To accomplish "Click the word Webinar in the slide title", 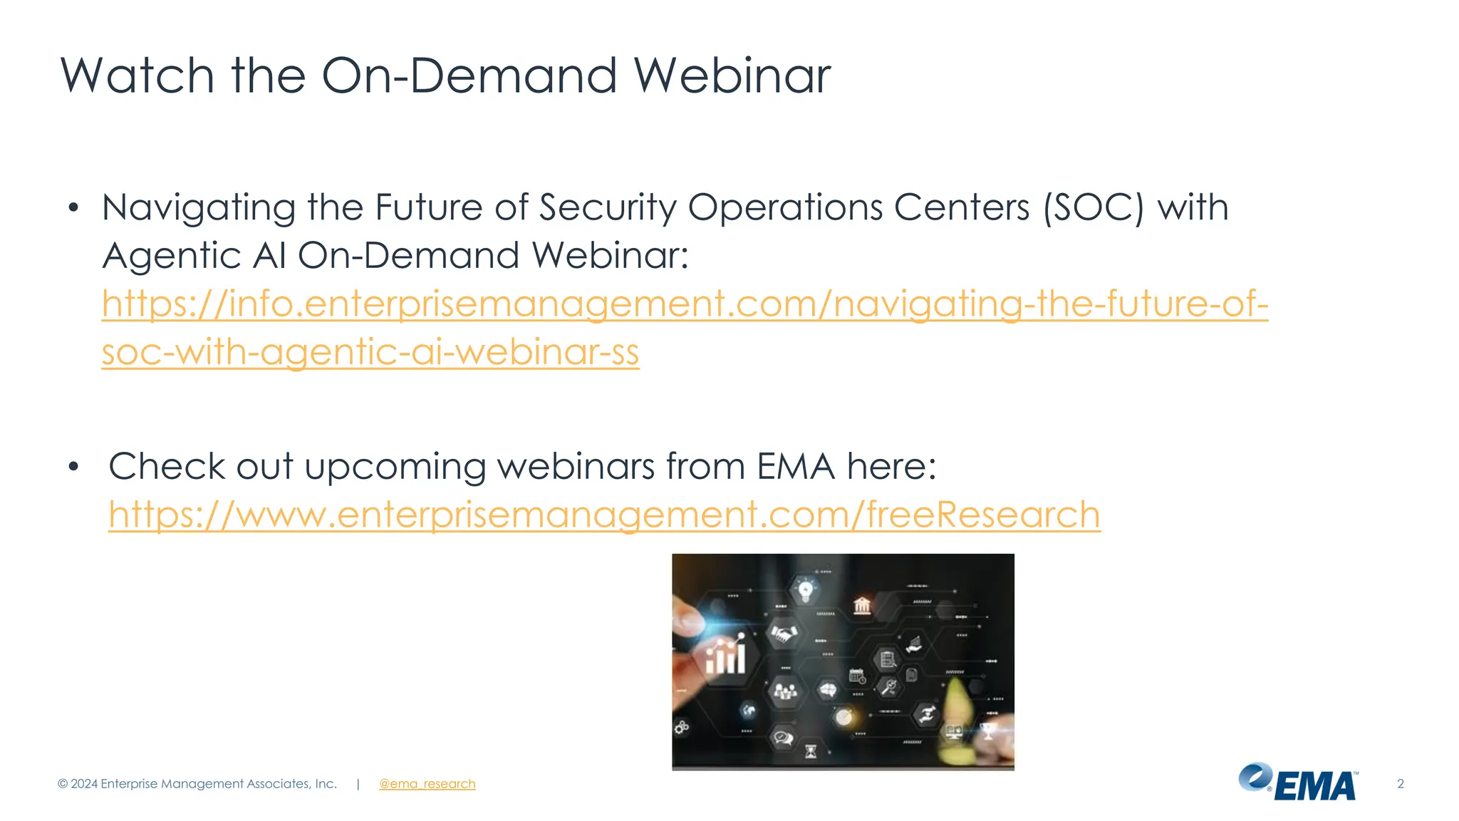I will [732, 76].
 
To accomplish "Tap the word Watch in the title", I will [137, 76].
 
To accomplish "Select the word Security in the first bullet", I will [607, 208].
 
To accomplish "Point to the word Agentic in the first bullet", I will [172, 256].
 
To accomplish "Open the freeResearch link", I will [604, 515].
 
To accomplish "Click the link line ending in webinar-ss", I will [370, 352].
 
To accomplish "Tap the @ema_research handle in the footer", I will [427, 784].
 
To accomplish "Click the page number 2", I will [1400, 784].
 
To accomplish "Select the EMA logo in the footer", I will [1298, 783].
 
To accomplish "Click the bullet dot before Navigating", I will [73, 208].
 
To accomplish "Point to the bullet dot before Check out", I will [73, 468].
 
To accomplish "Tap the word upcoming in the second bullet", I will [395, 468].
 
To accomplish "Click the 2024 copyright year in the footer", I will [84, 784].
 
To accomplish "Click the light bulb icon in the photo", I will [806, 590].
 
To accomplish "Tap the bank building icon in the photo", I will [862, 606].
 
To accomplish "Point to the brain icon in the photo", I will [827, 690].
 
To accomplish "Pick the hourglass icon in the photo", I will [811, 751].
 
